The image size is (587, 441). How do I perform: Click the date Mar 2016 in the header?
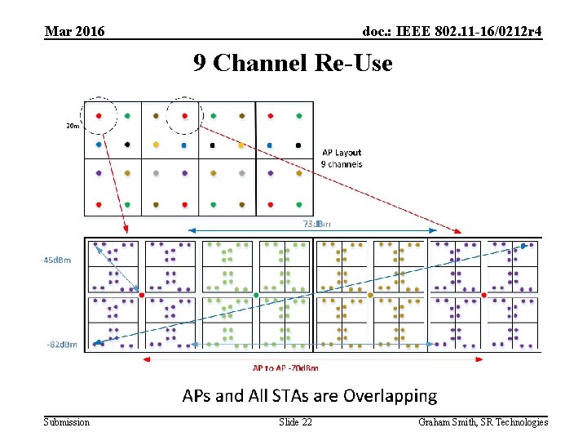point(74,32)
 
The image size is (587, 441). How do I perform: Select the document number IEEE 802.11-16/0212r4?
point(452,32)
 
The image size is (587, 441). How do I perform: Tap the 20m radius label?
point(73,126)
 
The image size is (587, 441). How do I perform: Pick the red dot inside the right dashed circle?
point(185,116)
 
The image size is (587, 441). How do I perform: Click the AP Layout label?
point(342,152)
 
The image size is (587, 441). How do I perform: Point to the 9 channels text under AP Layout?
point(342,164)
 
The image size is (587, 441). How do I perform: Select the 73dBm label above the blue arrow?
point(317,223)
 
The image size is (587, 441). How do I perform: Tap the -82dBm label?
point(62,345)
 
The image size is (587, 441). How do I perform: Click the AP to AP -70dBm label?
point(285,368)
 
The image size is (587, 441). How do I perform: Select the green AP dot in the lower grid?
point(256,295)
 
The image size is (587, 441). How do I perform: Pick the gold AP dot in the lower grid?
point(370,295)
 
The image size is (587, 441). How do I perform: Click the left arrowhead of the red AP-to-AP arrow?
point(147,358)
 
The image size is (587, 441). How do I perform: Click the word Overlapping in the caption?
point(390,396)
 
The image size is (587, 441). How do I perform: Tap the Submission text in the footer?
point(67,422)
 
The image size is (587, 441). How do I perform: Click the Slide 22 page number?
point(295,422)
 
